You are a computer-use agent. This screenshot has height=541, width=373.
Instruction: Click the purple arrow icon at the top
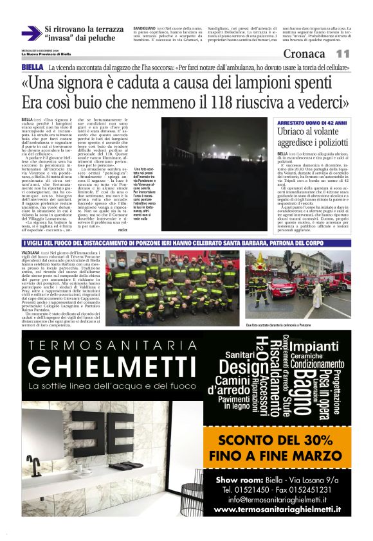[31, 33]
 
